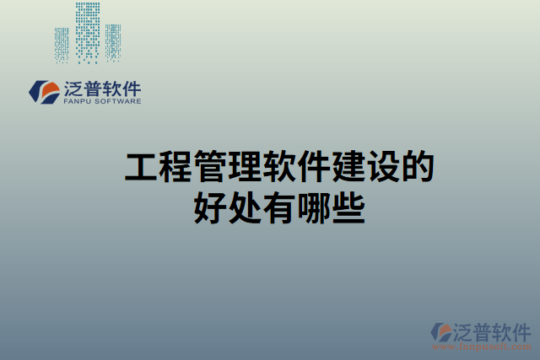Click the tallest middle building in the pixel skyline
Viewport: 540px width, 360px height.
[x=87, y=32]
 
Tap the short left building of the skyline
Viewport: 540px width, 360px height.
[x=62, y=46]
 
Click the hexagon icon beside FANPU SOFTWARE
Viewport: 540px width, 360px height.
[x=42, y=91]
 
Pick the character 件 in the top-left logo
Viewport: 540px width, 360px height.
[x=131, y=88]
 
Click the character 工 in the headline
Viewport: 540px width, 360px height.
[x=140, y=167]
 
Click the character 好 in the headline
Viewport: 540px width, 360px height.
[x=209, y=207]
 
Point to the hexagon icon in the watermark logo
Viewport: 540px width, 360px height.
[x=440, y=332]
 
